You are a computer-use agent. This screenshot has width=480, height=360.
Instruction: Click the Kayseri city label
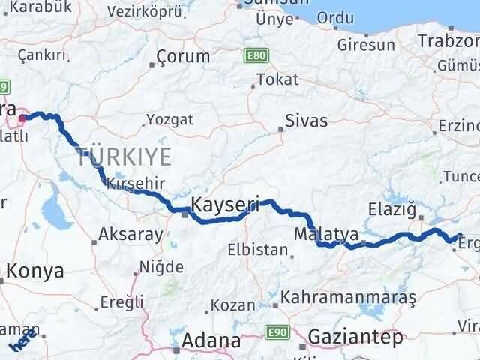(x=225, y=204)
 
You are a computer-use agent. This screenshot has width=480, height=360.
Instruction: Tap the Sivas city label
(x=306, y=120)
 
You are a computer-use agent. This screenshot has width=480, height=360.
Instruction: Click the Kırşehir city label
(x=135, y=183)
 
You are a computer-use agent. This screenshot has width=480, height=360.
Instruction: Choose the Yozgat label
(x=169, y=119)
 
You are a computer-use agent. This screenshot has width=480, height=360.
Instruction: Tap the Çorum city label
(x=184, y=56)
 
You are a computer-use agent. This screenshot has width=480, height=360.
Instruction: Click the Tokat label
(x=277, y=79)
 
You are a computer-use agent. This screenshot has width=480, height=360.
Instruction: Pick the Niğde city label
(x=161, y=267)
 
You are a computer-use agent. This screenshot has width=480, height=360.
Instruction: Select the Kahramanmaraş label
(x=349, y=298)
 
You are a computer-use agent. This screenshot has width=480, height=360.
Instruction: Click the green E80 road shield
(x=254, y=55)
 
